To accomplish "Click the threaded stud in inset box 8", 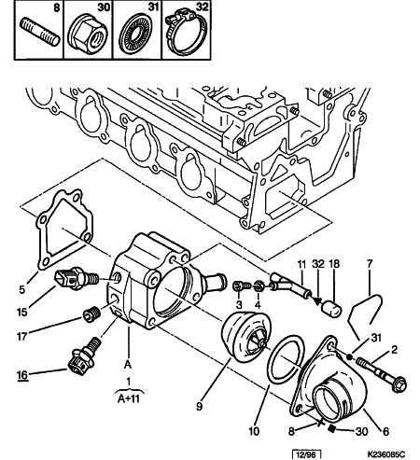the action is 39,32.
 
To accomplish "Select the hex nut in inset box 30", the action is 88,35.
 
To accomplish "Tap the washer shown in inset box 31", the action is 136,35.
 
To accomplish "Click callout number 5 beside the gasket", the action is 21,289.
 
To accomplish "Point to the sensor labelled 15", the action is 77,277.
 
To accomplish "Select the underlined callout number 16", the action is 22,375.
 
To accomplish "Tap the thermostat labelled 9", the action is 245,337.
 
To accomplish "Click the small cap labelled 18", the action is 331,309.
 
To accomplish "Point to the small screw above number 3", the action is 242,286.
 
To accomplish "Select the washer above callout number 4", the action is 259,286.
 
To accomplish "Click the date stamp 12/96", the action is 306,455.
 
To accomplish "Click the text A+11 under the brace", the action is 129,398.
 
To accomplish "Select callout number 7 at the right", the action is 370,264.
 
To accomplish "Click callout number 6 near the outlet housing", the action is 385,431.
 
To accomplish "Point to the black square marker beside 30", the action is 332,429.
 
